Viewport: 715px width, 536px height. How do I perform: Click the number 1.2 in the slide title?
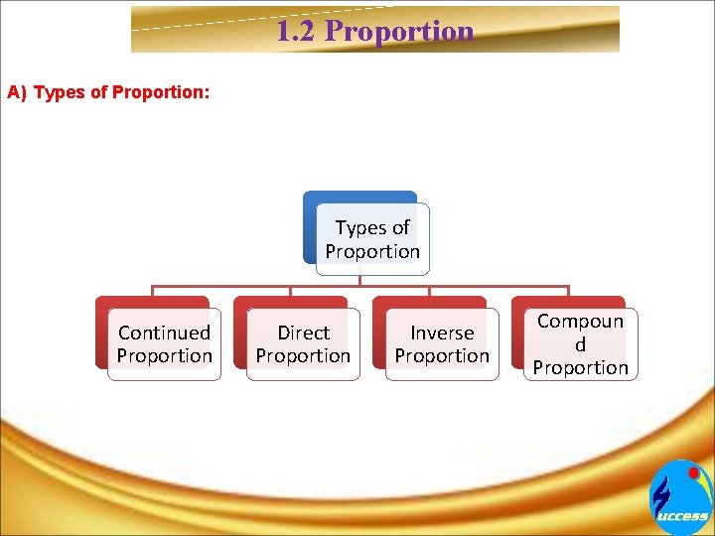click(297, 31)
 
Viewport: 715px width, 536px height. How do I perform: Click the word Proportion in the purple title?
click(399, 31)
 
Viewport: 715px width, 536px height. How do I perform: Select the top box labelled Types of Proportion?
click(372, 239)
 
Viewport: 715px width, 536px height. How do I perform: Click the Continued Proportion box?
click(164, 343)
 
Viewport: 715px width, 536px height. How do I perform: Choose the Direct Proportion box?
click(303, 343)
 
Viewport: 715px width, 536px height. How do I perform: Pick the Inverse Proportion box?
click(442, 343)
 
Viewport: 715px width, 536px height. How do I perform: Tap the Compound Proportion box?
click(581, 343)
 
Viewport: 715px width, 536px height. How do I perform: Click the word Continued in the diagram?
click(164, 333)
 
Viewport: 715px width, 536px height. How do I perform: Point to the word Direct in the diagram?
click(303, 333)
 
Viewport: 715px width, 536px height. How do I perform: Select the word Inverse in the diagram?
click(442, 333)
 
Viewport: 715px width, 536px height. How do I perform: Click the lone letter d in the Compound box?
click(580, 343)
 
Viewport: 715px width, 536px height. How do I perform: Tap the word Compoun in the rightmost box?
click(581, 321)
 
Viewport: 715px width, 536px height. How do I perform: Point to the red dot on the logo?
click(694, 473)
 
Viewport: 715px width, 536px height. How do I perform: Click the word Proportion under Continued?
click(164, 355)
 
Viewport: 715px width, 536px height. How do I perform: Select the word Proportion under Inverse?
click(442, 355)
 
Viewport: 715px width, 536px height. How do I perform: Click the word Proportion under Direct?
click(303, 355)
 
